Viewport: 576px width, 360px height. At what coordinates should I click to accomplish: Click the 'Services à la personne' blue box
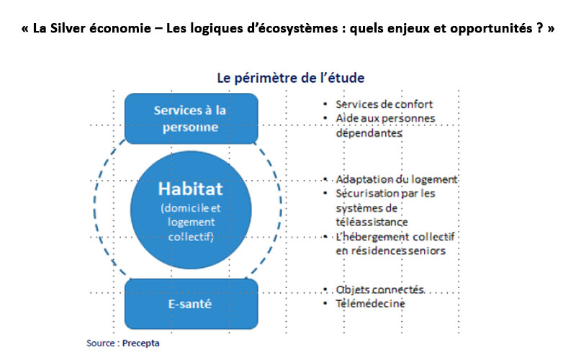pos(191,118)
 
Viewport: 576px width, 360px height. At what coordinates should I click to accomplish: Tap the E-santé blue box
pos(191,304)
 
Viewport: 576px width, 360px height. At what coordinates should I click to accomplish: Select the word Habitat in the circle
pos(190,189)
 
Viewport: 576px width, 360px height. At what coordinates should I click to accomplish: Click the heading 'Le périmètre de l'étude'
pos(291,78)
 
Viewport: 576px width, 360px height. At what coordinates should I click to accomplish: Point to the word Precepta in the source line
pos(140,343)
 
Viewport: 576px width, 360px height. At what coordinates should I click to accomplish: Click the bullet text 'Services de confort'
pos(384,104)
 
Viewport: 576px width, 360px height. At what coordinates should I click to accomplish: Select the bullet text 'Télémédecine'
pos(370,303)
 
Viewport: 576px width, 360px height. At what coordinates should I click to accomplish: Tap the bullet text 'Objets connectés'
pos(380,289)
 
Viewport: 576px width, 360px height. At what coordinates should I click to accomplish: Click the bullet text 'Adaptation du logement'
pos(397,179)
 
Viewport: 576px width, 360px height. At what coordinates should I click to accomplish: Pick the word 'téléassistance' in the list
pos(372,222)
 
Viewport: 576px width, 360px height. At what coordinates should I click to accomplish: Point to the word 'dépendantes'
pos(369,132)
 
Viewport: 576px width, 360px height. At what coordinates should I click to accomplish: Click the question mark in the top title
pos(539,28)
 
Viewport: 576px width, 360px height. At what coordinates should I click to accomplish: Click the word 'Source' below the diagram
pos(101,343)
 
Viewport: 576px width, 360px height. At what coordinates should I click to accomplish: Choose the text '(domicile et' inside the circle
pos(190,208)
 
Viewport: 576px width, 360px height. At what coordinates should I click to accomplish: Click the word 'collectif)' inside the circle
pos(191,237)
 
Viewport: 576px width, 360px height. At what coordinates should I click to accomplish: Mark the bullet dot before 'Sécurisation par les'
pos(325,193)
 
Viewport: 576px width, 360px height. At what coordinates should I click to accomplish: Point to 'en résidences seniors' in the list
pos(390,251)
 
